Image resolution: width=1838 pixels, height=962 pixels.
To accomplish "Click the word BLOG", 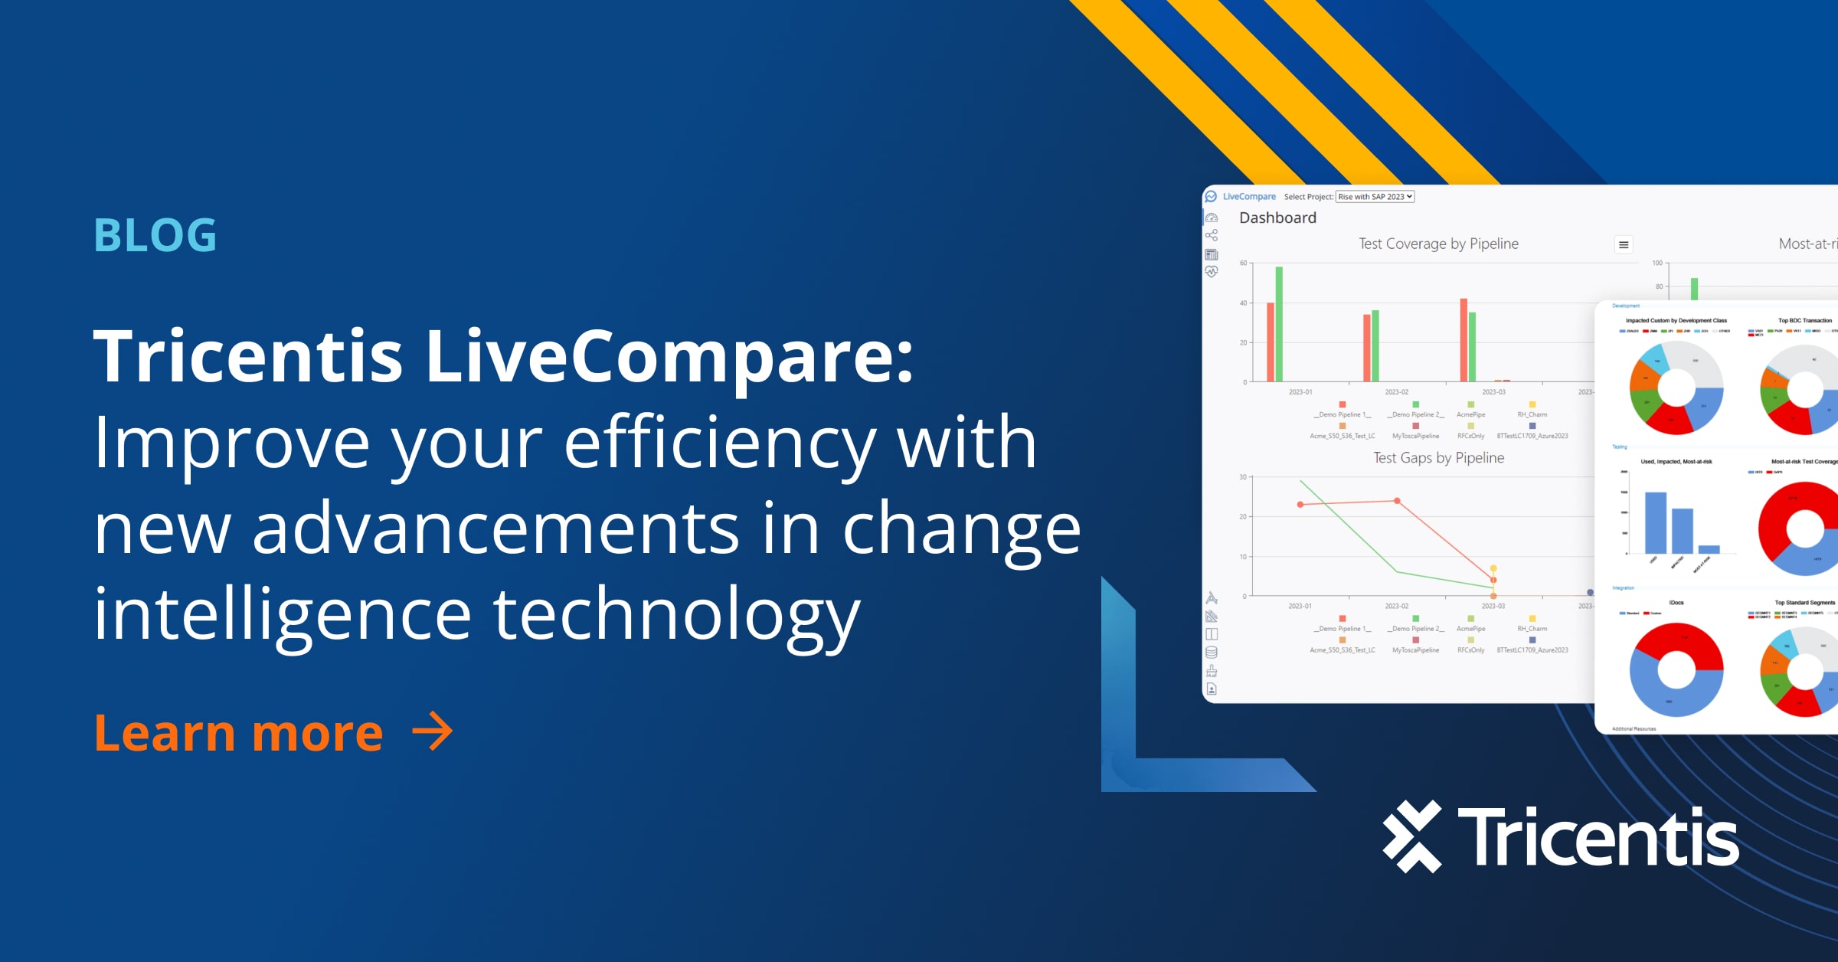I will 155,235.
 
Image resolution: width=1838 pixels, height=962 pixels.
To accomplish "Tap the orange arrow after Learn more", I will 433,731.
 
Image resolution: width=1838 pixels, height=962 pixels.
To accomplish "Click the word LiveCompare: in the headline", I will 669,356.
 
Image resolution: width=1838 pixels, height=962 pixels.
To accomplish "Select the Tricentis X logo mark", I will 1412,836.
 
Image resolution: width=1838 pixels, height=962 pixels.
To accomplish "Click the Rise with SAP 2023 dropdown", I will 1375,197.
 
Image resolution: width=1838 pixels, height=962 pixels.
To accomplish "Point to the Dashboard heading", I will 1277,218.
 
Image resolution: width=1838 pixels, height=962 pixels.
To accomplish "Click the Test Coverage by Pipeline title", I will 1438,244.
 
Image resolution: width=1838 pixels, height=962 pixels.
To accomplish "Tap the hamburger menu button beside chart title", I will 1623,245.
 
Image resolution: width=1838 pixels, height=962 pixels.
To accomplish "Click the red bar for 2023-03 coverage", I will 1464,340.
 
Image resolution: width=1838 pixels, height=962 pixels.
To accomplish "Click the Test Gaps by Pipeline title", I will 1438,458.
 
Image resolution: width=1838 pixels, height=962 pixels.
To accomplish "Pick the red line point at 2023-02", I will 1398,501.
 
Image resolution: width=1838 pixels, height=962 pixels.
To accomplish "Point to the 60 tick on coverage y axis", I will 1244,263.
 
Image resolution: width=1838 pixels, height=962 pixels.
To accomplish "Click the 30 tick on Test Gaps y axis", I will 1244,477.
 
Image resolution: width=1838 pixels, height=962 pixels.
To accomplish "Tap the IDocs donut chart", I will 1676,670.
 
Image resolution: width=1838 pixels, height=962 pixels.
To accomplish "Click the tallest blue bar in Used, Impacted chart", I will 1655,522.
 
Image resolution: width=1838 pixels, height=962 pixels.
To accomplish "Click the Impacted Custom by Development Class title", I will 1676,321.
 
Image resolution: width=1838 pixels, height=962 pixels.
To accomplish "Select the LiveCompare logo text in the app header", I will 1249,197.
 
